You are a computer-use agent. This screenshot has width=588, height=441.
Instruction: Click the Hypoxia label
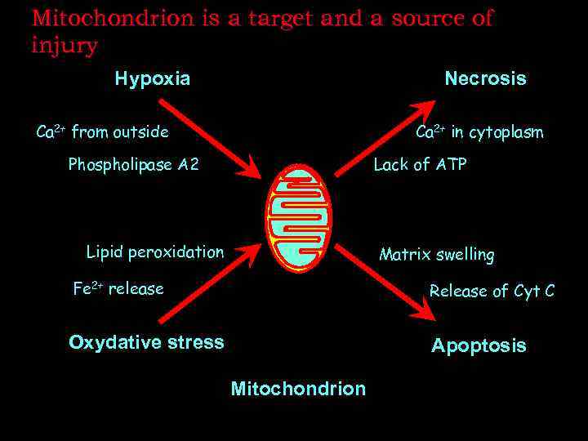[153, 79]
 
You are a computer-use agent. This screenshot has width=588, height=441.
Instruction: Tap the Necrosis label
[485, 79]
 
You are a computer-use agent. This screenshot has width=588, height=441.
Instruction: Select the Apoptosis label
[479, 345]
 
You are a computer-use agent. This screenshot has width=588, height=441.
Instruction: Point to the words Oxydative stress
[146, 342]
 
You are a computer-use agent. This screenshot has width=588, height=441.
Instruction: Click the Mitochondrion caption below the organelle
[298, 389]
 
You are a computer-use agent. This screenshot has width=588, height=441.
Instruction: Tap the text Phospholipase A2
[133, 165]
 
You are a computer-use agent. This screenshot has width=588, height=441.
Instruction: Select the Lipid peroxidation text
[155, 252]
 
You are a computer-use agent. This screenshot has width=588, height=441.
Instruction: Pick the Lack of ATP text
[420, 165]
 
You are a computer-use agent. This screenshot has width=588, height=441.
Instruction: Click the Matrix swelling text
[436, 255]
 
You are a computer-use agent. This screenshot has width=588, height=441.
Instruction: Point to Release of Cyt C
[492, 291]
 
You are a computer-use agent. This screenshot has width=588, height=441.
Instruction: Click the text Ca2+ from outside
[103, 131]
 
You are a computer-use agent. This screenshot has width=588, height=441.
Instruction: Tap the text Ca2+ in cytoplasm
[479, 132]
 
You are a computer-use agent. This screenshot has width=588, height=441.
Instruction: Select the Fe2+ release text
[118, 288]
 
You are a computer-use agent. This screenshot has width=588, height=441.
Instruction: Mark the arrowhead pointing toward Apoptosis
[426, 311]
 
